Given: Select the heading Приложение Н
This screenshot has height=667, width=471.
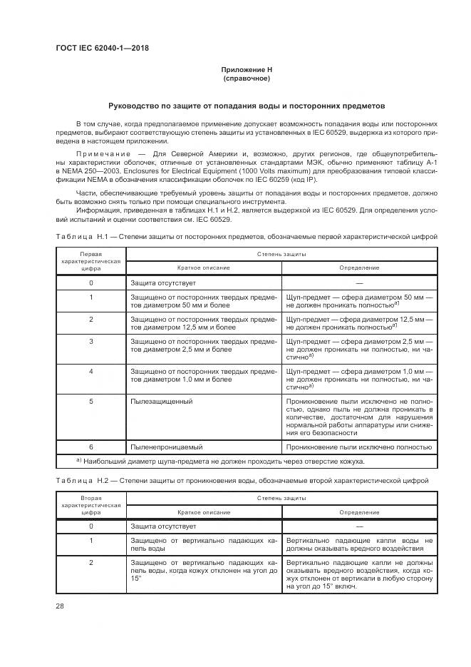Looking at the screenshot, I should tap(246, 70).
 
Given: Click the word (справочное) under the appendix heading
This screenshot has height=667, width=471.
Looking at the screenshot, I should tap(246, 78).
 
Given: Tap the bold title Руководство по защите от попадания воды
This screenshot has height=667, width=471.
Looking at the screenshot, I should tap(246, 104).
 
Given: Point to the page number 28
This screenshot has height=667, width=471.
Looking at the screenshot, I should tap(59, 606).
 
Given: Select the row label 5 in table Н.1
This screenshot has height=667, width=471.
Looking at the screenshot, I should tap(91, 402).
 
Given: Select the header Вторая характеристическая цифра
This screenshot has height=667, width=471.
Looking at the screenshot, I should tap(91, 525).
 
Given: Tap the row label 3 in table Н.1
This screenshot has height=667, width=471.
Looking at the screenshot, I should tap(91, 342).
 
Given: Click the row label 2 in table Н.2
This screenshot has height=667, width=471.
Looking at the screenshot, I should tap(91, 564).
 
